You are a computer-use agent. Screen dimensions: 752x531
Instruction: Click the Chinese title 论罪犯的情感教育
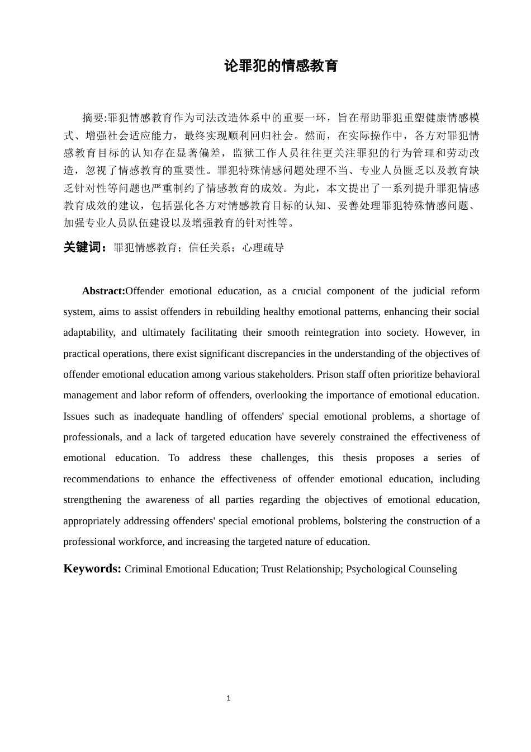coord(281,66)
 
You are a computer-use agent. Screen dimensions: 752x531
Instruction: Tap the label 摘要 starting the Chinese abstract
coord(93,118)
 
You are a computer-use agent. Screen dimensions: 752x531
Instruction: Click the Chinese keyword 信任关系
coord(210,248)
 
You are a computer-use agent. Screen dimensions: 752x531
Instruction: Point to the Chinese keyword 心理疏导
coord(263,248)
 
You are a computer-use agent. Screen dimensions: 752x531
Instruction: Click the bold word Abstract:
coord(103,291)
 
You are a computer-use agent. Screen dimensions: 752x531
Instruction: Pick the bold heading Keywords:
coord(92,569)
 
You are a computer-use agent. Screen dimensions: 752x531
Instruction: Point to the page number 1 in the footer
coord(229,698)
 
